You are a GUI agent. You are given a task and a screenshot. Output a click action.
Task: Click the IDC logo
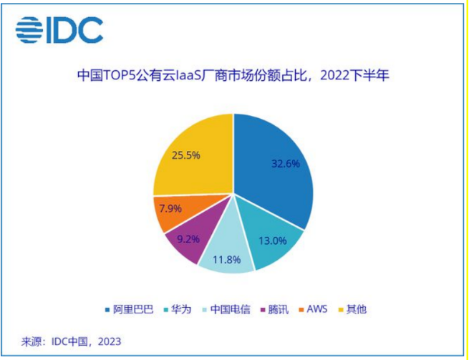coord(59,29)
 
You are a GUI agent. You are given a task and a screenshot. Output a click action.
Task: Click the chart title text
coord(233,74)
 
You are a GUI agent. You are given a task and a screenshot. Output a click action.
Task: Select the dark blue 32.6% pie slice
coord(276,172)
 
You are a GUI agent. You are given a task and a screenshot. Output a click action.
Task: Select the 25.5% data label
coord(185,154)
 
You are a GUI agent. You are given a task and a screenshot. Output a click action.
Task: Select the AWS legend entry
coord(317,309)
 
